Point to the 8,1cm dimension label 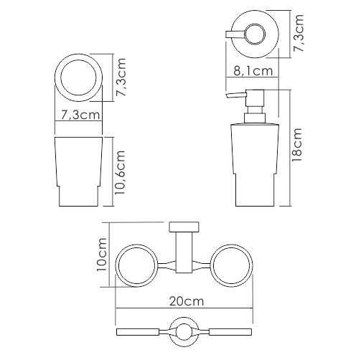point(253,71)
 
